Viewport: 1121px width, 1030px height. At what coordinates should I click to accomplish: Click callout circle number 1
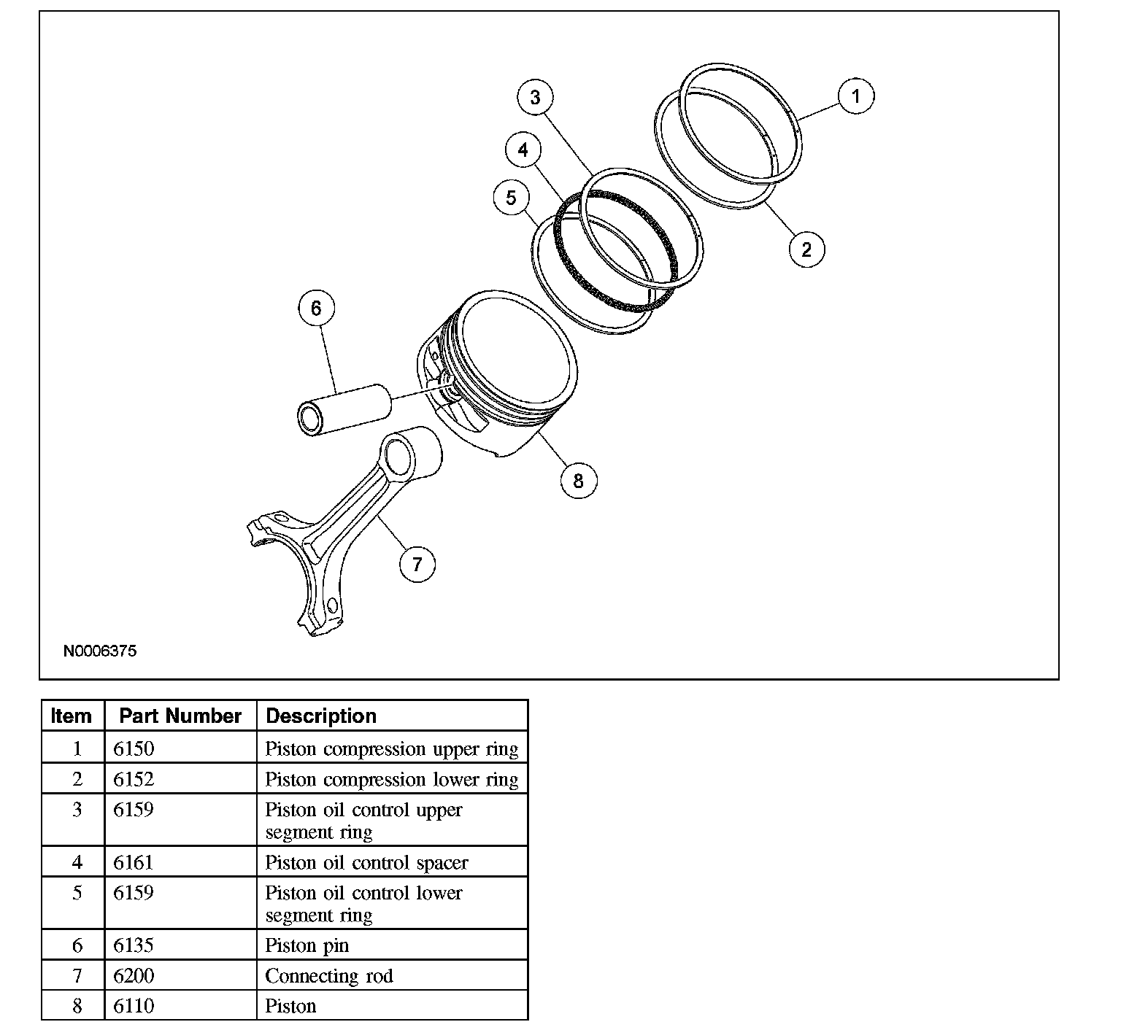click(x=856, y=96)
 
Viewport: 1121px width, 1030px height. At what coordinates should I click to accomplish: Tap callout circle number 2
click(x=806, y=249)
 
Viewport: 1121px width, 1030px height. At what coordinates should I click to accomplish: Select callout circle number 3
click(x=536, y=97)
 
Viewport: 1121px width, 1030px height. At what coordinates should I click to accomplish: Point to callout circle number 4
click(x=523, y=150)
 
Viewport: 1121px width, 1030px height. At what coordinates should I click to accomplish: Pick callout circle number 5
click(x=511, y=197)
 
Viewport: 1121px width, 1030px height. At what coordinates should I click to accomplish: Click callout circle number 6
click(x=316, y=308)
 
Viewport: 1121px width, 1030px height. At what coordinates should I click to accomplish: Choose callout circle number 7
click(x=417, y=564)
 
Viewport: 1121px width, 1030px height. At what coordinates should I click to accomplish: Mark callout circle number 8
click(x=579, y=481)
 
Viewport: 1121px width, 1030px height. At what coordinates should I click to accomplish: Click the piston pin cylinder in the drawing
click(x=343, y=410)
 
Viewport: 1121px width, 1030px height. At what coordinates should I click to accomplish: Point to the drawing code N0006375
click(x=100, y=651)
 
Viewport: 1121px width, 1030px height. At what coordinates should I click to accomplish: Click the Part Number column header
click(x=180, y=716)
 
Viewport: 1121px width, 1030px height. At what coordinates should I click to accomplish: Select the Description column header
click(x=321, y=716)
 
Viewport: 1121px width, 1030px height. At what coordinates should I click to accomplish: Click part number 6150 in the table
click(x=134, y=748)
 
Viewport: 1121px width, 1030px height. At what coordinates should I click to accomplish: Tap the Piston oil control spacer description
click(x=366, y=862)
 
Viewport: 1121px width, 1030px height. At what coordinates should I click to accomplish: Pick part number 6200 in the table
click(x=134, y=976)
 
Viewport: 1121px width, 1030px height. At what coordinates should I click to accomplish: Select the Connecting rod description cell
click(x=329, y=976)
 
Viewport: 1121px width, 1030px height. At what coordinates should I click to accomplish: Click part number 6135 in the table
click(x=134, y=945)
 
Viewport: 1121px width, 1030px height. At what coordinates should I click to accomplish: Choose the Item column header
click(x=72, y=716)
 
